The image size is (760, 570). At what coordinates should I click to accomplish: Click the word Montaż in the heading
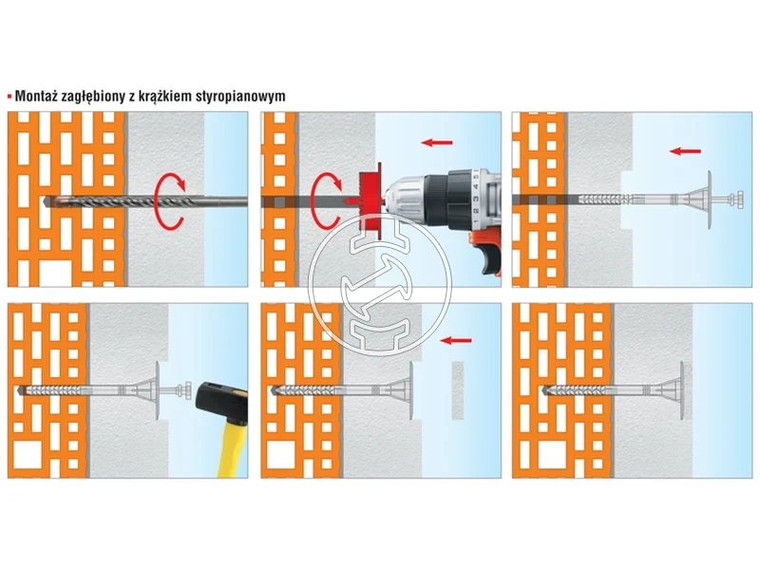point(35,96)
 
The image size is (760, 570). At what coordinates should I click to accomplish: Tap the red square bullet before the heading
point(9,96)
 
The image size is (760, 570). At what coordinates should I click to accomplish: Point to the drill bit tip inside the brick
point(46,201)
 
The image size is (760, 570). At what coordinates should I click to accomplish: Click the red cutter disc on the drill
point(370,200)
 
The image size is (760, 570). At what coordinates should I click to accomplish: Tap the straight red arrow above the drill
point(437,142)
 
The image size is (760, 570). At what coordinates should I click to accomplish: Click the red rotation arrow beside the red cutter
point(326,200)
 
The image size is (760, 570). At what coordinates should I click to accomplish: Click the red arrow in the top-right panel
point(685,152)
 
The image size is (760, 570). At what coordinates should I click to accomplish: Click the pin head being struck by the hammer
point(185,390)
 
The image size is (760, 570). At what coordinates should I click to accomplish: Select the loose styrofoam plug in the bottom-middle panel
point(458,390)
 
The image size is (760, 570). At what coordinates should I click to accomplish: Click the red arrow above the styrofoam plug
point(456,341)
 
